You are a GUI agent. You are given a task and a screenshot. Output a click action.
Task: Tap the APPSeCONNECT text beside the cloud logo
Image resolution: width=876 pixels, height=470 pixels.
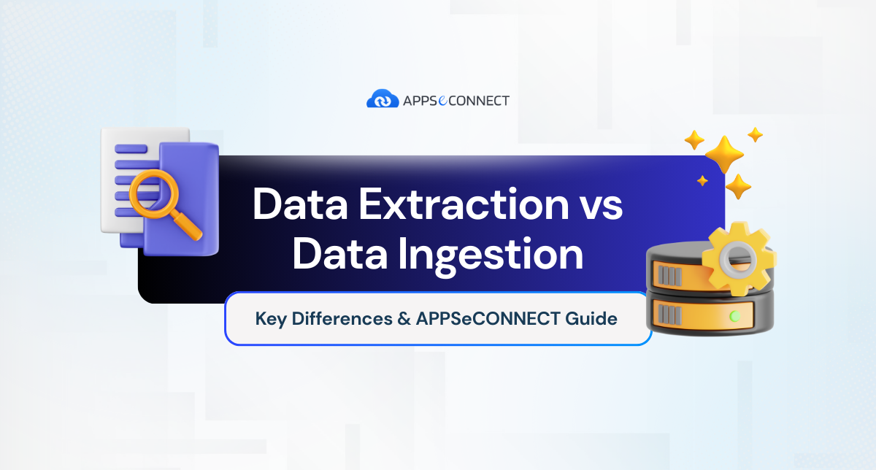pyautogui.click(x=456, y=99)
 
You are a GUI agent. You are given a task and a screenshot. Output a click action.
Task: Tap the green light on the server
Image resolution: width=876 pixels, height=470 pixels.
pyautogui.click(x=736, y=316)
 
